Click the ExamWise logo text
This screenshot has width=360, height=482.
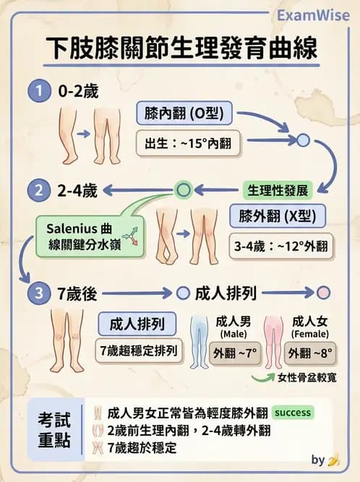(313, 15)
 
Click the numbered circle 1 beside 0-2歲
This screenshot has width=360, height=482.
(39, 91)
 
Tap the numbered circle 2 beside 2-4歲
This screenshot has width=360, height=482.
(39, 190)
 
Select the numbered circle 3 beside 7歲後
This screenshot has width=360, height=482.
(39, 293)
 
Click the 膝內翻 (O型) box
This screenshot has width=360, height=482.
(184, 113)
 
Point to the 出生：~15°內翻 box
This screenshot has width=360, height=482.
(188, 143)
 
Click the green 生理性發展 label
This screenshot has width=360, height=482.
(278, 190)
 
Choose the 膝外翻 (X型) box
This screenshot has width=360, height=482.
(278, 216)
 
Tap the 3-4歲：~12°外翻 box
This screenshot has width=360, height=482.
(281, 246)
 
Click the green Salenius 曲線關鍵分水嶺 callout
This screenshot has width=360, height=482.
(90, 236)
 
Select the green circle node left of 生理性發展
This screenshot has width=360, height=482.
(184, 189)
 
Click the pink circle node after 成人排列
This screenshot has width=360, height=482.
(323, 293)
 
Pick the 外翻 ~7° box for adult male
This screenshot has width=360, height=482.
(235, 353)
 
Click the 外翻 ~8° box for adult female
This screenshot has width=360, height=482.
(310, 353)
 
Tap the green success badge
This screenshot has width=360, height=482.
(293, 412)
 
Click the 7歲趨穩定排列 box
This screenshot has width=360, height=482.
(139, 350)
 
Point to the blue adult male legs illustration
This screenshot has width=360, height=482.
(198, 341)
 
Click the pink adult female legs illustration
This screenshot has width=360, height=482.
(273, 341)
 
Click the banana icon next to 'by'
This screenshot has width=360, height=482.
(333, 460)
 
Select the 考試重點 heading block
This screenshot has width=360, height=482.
(55, 430)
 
